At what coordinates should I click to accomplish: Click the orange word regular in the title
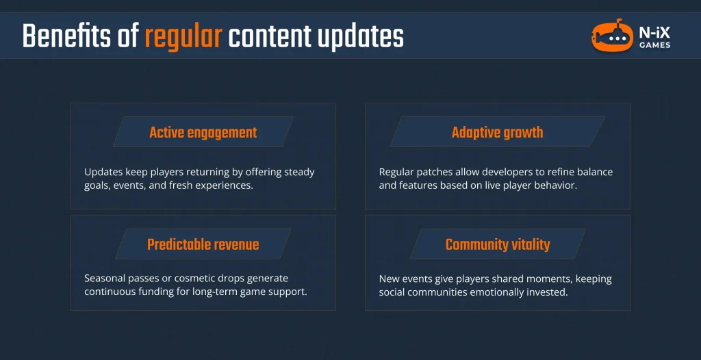coord(183,36)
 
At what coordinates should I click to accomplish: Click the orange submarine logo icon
coord(612,38)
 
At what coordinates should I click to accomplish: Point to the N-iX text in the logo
coord(652,32)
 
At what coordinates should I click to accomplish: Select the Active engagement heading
coord(203,132)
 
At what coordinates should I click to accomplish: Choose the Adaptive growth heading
coord(497,132)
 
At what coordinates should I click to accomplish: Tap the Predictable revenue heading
coord(203,244)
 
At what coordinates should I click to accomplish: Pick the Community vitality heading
coord(497,244)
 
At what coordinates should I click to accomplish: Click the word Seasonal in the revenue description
coord(106,279)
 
